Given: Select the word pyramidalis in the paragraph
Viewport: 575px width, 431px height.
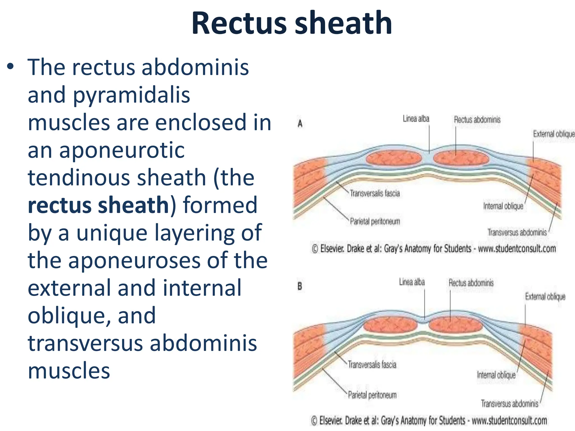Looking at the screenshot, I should tap(132, 95).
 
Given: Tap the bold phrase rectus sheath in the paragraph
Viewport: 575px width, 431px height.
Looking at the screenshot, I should tap(99, 205).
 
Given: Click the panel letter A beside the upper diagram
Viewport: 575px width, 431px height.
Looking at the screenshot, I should tap(300, 123).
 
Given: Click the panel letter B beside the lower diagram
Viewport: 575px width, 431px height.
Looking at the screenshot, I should tap(300, 286).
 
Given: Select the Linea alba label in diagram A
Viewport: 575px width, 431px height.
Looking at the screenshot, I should tap(416, 119).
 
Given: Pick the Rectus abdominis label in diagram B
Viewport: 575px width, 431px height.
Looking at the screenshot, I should tap(471, 283).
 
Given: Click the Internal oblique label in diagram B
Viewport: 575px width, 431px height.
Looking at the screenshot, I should tap(496, 375).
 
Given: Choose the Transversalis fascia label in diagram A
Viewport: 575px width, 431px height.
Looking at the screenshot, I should tap(375, 193).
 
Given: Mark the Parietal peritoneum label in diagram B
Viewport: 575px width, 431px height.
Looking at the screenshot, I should tap(372, 395).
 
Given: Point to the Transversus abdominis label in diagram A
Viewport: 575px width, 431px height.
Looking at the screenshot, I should tap(517, 232).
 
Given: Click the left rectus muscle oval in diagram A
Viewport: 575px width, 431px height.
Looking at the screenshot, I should tap(394, 159).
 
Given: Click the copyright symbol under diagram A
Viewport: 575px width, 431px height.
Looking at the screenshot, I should tap(315, 249).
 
